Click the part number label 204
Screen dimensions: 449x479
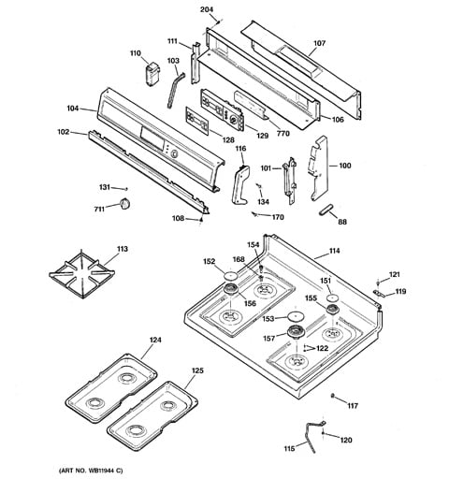(x=207, y=9)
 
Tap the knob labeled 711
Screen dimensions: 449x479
(x=124, y=204)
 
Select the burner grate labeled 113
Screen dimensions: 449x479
(x=81, y=273)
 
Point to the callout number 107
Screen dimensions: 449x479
(x=319, y=43)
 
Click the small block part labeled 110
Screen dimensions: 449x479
(x=152, y=74)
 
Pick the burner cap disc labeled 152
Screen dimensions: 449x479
(x=230, y=276)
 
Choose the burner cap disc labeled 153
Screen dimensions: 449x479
(x=295, y=316)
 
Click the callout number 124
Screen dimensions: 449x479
(x=154, y=340)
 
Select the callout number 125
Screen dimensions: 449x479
(x=197, y=370)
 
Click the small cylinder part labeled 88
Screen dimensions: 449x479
(x=326, y=210)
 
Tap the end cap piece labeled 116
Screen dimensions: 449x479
(x=240, y=185)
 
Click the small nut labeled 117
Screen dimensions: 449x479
(x=332, y=396)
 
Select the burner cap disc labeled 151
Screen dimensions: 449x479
(x=332, y=298)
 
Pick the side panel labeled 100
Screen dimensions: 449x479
(x=319, y=167)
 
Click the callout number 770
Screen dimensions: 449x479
(x=283, y=134)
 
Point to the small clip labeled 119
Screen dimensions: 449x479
(x=378, y=293)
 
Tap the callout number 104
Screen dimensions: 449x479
(x=73, y=109)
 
